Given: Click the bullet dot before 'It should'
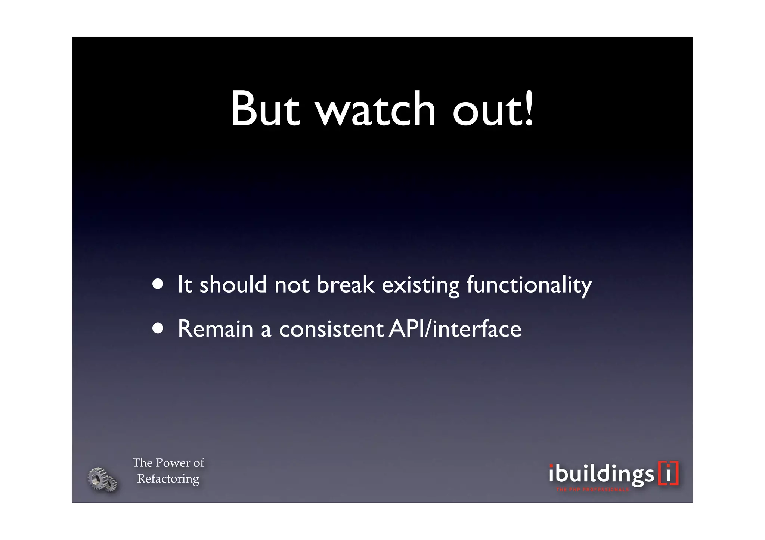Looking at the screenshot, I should point(158,284).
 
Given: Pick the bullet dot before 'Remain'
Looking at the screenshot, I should point(158,328).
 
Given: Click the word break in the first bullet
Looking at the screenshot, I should point(346,284).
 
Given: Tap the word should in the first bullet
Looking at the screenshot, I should point(233,284).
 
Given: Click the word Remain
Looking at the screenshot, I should point(216,329).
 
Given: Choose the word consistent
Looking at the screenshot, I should point(331,329).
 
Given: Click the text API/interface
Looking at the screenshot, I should point(455,329).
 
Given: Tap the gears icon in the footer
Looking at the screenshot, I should point(102,480).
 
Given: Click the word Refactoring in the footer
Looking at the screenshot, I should point(168,479).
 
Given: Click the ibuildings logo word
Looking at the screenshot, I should point(601,474).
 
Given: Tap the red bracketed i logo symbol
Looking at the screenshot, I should point(668,474).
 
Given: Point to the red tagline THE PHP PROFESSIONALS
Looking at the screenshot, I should point(592,490).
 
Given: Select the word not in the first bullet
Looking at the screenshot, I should point(292,285).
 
